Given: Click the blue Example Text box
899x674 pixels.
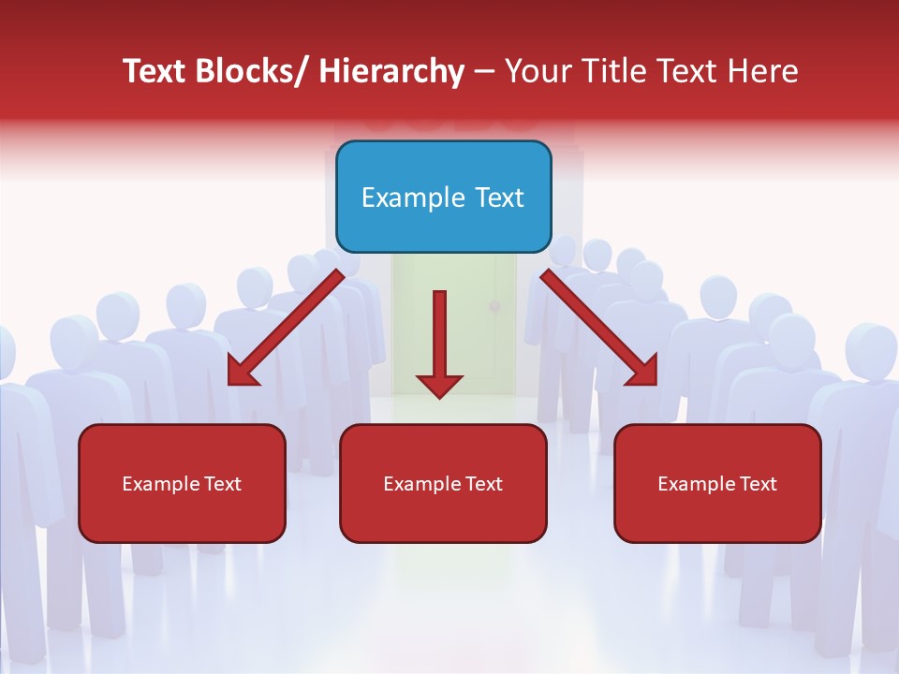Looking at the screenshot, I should click(443, 197).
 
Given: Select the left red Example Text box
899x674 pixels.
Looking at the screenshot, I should click(182, 483).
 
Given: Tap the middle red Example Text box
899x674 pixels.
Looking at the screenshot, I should click(443, 483).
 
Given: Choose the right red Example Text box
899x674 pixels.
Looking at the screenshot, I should click(717, 483).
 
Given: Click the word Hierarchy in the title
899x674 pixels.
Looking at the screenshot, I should click(391, 71).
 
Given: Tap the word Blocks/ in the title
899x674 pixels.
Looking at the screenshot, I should click(250, 71).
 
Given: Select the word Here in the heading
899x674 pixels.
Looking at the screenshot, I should click(763, 71).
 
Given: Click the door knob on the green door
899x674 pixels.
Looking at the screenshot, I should click(496, 307).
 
